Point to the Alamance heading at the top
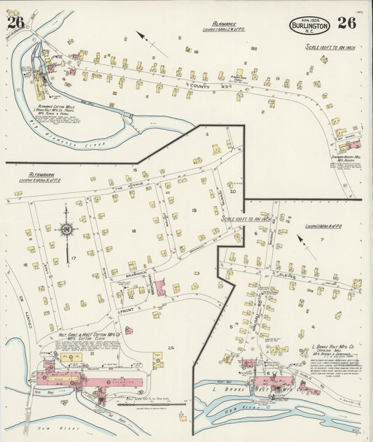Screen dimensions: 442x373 click(x=226, y=23)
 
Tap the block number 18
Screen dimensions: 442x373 click(x=132, y=230)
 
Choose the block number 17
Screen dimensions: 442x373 click(x=73, y=258)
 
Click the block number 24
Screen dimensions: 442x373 click(x=170, y=347)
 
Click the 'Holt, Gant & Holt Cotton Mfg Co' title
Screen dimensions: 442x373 click(x=87, y=336)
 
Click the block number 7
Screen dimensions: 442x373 click(x=321, y=240)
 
